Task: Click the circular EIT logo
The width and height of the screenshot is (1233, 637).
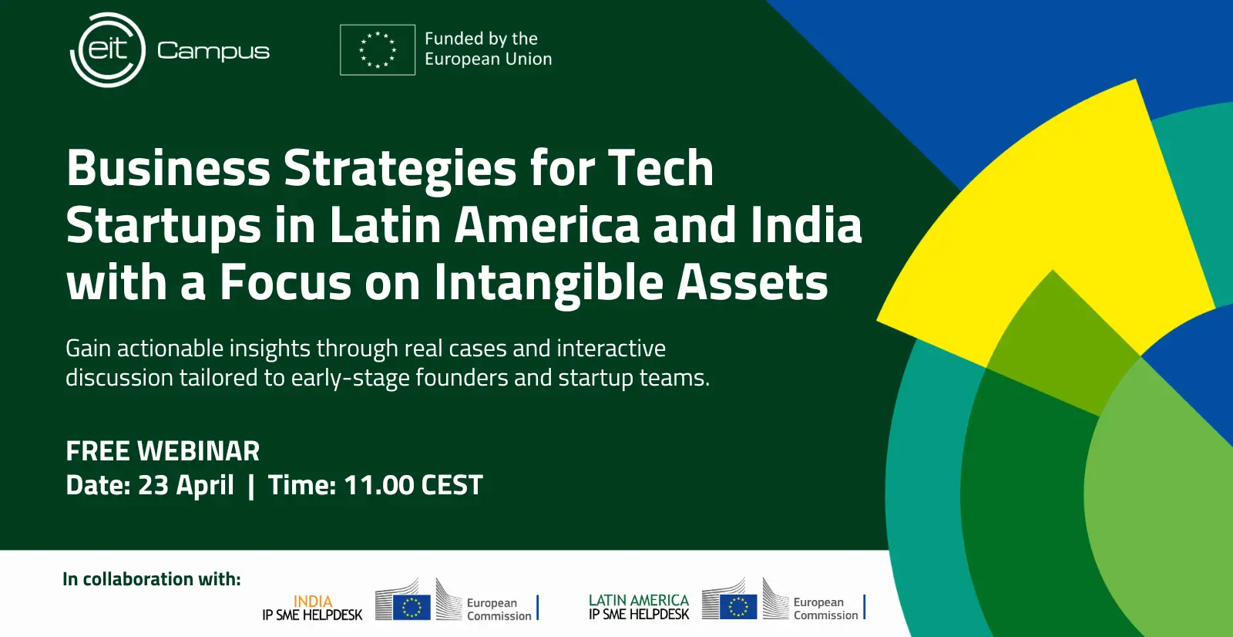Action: coord(108,50)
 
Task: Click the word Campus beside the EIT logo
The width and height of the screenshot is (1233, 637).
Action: coord(213,51)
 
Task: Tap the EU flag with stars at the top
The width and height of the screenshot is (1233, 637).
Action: coord(378,49)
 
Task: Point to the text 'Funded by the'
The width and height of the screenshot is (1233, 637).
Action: coord(481,39)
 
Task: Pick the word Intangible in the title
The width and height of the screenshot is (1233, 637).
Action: coord(549,283)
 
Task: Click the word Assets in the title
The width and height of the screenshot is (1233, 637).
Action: coord(752,282)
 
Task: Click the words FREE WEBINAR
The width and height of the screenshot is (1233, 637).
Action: coord(163,450)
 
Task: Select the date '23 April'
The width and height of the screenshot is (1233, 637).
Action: coord(186,486)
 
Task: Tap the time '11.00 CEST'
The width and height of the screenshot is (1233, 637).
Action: coord(413,485)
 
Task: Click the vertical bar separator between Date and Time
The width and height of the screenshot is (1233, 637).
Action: coord(251,486)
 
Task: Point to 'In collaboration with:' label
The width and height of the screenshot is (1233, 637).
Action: coord(152,579)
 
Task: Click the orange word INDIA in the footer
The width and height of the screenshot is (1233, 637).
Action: coord(313,602)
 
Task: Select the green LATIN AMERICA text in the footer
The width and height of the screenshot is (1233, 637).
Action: coord(639,600)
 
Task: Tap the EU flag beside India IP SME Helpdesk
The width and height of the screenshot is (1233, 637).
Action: coord(412,607)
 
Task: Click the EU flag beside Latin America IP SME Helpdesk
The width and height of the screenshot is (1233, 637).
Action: coord(738,607)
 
